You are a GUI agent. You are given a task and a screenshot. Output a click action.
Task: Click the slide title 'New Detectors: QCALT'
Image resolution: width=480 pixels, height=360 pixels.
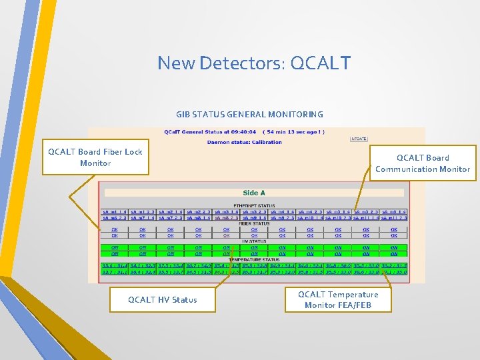[x=254, y=63]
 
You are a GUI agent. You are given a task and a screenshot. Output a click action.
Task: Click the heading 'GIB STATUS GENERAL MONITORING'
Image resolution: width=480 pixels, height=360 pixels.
[x=249, y=115]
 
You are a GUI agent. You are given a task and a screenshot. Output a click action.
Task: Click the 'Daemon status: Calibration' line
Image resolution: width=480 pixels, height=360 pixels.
[x=244, y=142]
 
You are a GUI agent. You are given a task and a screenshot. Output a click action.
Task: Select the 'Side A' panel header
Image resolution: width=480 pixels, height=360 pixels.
[x=253, y=193]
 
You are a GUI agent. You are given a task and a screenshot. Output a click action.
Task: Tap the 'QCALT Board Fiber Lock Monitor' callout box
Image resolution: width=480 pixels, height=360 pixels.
[x=95, y=157]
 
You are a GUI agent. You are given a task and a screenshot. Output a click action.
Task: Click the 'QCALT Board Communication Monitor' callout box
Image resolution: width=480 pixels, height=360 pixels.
[x=423, y=163]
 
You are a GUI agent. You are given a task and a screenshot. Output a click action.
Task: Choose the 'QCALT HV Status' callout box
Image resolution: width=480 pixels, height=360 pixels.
[x=163, y=300]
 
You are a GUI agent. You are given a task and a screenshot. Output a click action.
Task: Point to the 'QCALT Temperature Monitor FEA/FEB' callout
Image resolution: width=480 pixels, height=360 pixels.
[x=338, y=299]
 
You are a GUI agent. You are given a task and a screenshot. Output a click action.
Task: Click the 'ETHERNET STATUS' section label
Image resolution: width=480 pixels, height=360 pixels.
[x=253, y=205]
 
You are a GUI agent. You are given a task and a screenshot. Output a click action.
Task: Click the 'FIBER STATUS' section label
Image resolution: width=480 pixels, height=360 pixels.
[x=253, y=224]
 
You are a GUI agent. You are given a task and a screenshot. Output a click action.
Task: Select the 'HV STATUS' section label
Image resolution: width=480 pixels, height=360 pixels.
[x=253, y=241]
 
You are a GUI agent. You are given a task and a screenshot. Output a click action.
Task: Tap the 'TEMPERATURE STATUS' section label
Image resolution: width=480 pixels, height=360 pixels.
[x=253, y=259]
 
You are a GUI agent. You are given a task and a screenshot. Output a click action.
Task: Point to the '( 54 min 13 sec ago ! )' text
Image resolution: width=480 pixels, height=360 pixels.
[x=293, y=132]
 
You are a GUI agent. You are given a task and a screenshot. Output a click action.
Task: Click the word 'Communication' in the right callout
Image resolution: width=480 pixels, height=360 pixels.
[x=407, y=169]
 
